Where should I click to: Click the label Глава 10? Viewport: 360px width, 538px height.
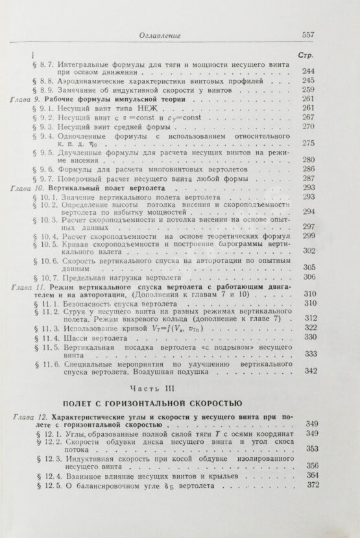click(x=27, y=187)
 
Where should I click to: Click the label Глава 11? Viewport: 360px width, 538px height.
click(x=27, y=286)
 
